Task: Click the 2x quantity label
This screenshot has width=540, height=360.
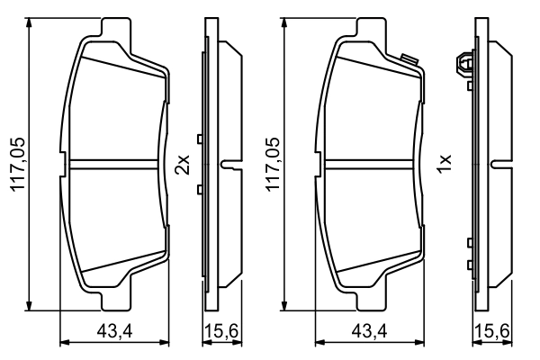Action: point(183,164)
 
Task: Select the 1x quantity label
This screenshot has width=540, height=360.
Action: point(442,164)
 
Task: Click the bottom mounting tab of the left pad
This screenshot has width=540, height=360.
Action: point(113,298)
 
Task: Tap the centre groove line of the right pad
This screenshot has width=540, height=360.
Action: point(369,164)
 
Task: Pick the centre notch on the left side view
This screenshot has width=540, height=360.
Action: point(230,164)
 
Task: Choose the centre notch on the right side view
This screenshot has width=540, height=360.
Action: point(500,164)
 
